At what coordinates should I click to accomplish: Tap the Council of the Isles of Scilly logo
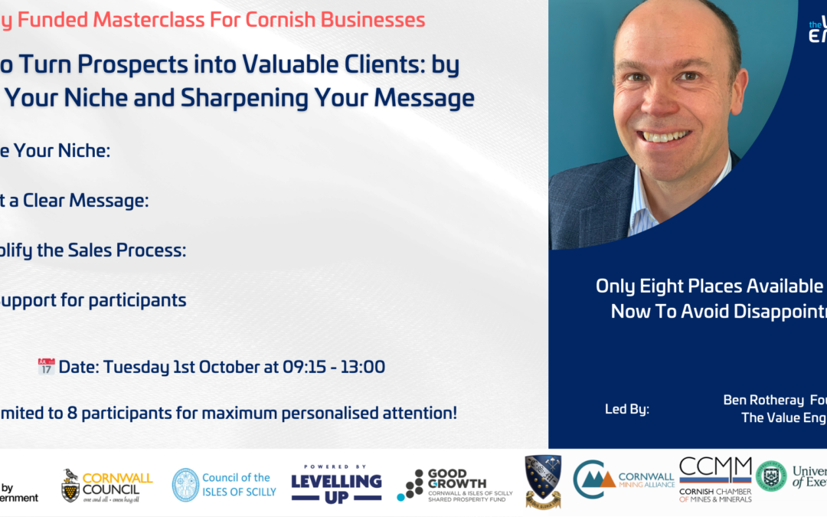224,485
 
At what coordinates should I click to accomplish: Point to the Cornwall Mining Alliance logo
623,481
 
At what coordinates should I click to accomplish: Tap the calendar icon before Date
46,367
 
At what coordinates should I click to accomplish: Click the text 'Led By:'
627,409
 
